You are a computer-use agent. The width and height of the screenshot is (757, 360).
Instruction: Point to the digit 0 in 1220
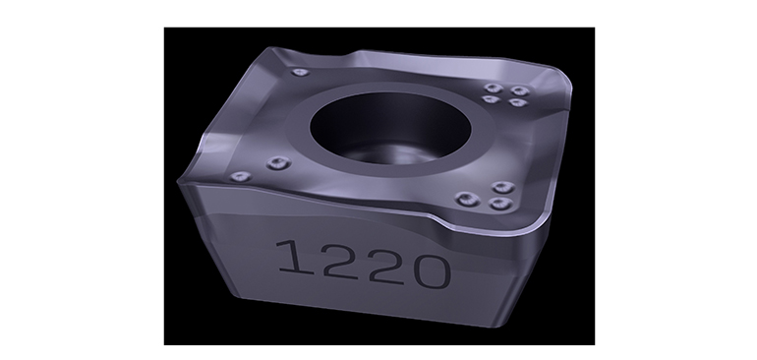(433, 271)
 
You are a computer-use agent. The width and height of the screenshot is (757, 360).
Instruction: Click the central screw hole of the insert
(390, 128)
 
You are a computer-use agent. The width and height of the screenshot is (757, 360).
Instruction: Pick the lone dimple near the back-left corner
(300, 73)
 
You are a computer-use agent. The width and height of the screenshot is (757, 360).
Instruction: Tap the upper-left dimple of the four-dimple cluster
(494, 88)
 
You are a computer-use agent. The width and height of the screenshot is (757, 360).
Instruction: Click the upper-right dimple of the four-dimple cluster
(520, 90)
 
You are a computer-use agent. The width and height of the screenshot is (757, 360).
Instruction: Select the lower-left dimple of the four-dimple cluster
(491, 99)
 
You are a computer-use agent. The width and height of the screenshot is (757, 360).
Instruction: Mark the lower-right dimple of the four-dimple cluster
(517, 102)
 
